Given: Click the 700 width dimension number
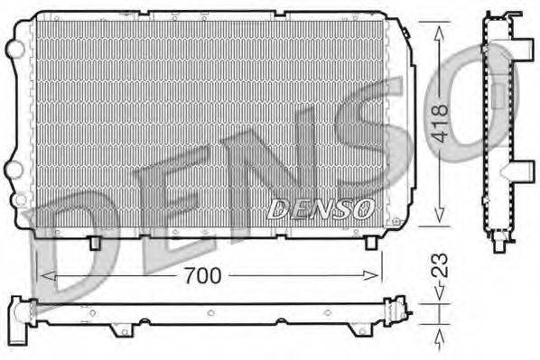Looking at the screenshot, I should pyautogui.click(x=203, y=276).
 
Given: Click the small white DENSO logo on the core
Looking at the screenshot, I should pyautogui.click(x=321, y=209).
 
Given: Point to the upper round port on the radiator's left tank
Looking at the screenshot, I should pyautogui.click(x=14, y=46).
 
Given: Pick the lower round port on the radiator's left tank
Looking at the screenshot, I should pyautogui.click(x=14, y=169).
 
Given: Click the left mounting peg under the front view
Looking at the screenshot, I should pyautogui.click(x=95, y=242).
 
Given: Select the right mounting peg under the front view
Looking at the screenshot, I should pyautogui.click(x=370, y=242).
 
